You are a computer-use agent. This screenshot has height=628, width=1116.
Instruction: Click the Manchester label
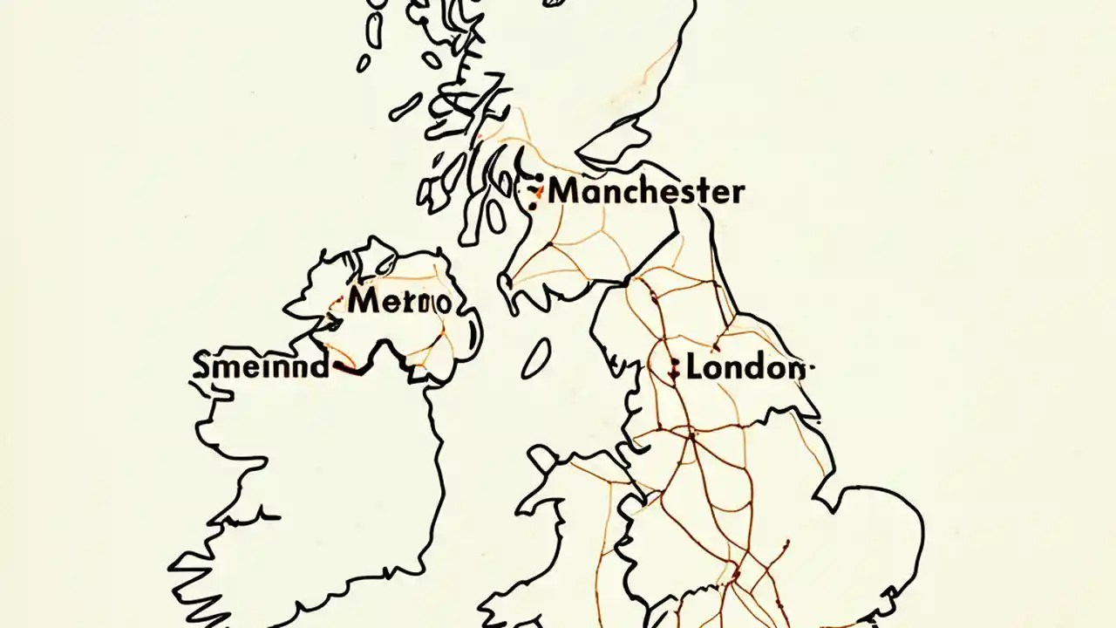(x=646, y=191)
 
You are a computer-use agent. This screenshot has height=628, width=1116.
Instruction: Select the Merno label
(x=399, y=302)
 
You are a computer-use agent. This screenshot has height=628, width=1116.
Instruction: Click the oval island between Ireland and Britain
(x=535, y=358)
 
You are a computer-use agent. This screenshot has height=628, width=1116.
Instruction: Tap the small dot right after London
(x=812, y=368)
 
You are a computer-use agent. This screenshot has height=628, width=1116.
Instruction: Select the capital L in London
(x=695, y=368)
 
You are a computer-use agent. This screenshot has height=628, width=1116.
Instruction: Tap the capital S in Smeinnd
(x=201, y=365)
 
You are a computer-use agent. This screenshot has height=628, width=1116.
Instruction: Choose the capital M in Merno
(x=363, y=302)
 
